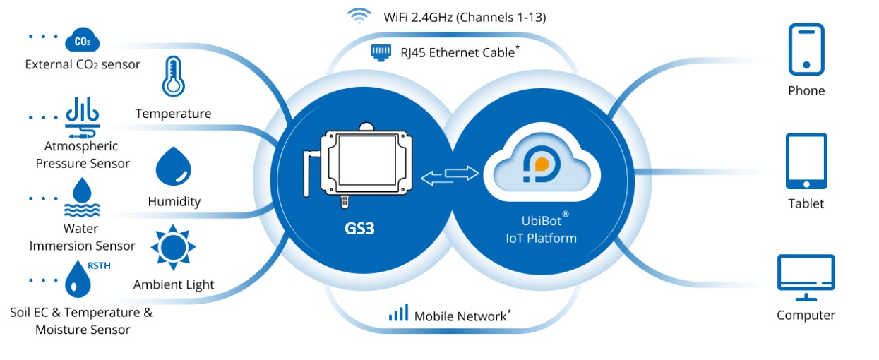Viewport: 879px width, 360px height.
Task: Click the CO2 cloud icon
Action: (x=82, y=41)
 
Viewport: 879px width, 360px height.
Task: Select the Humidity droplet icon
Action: (x=174, y=167)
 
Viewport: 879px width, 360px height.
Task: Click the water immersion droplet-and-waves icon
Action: (x=83, y=198)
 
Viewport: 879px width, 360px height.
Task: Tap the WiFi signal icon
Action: (x=358, y=16)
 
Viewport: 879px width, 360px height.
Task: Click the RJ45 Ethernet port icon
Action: (x=381, y=52)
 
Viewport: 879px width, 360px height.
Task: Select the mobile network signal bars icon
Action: (x=398, y=313)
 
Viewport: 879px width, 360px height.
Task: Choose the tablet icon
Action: (x=806, y=161)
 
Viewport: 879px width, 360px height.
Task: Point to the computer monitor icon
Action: (x=806, y=274)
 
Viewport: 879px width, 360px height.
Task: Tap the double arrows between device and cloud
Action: (x=450, y=176)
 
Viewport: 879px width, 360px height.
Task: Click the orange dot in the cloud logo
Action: (x=542, y=164)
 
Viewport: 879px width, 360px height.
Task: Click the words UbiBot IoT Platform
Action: (x=542, y=229)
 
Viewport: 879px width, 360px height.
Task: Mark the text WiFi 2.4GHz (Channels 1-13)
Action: (x=465, y=16)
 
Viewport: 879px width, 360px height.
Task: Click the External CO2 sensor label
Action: (x=83, y=65)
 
